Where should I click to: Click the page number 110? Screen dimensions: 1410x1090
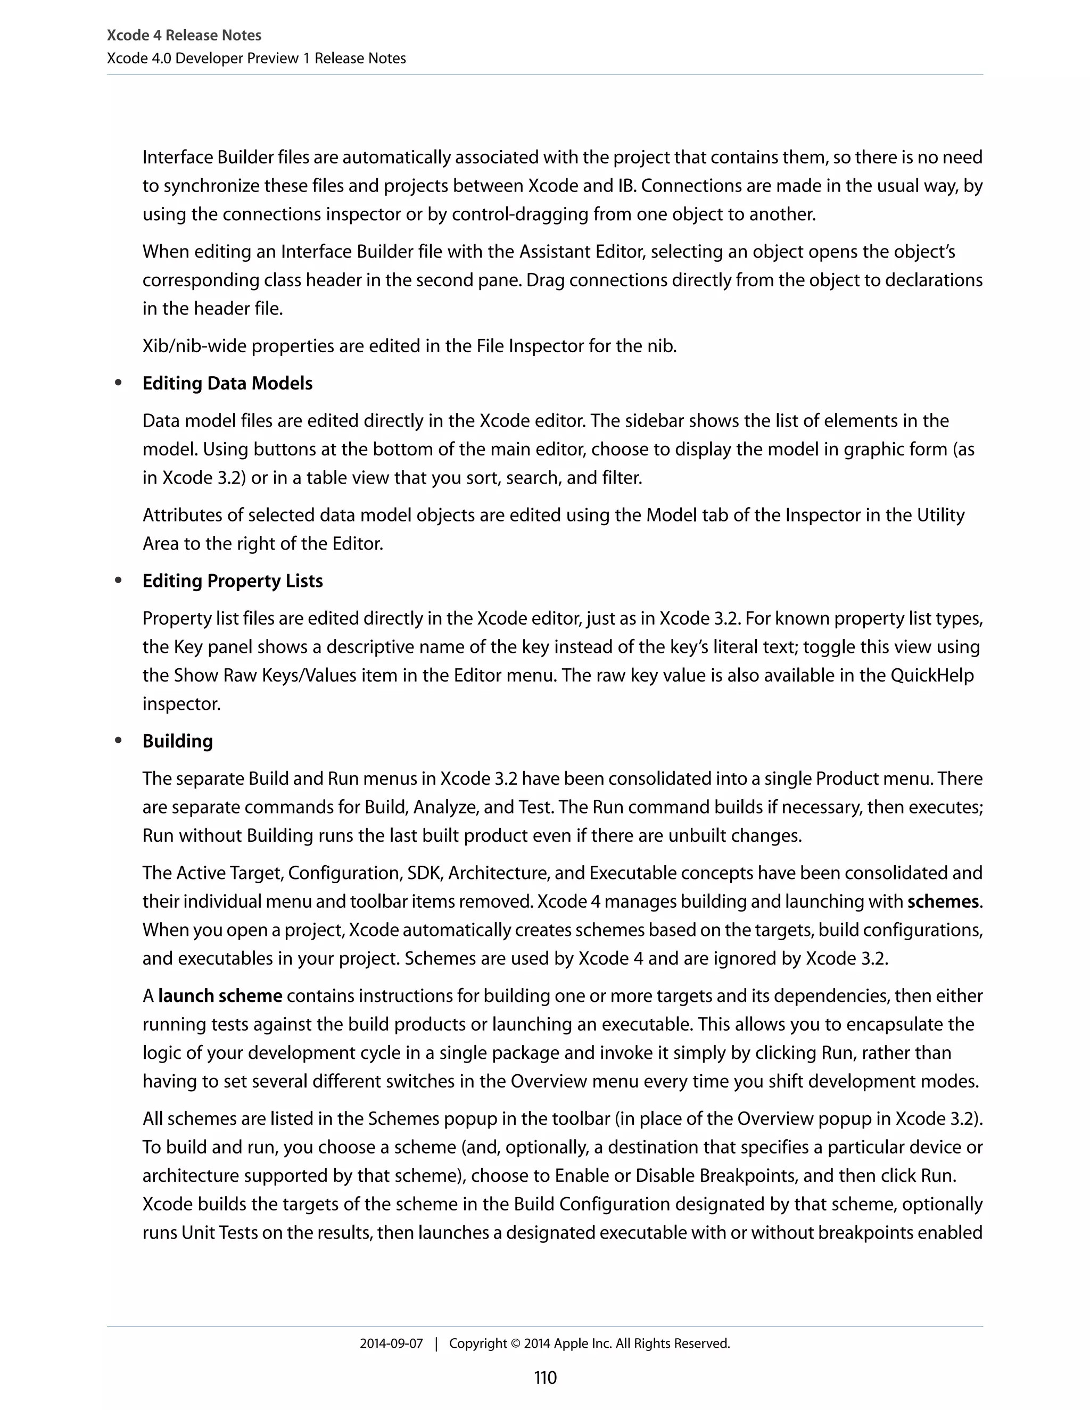coord(545,1378)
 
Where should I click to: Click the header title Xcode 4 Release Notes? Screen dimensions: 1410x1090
coord(184,36)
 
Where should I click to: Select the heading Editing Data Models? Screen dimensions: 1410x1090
coord(227,384)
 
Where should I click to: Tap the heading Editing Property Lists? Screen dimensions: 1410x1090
coord(233,581)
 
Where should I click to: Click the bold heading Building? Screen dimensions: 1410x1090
coord(178,741)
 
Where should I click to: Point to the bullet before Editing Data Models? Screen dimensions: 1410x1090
coord(118,383)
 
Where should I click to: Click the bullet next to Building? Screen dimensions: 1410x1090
coord(118,741)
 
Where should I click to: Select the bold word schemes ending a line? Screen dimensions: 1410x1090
coord(943,901)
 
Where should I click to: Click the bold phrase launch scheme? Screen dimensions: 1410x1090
coord(220,996)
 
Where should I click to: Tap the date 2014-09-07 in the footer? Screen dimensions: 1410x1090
coord(391,1343)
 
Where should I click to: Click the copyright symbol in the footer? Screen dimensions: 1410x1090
coord(515,1343)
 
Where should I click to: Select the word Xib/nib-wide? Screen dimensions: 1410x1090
coord(194,347)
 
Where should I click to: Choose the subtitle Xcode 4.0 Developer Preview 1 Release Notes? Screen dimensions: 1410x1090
coord(257,59)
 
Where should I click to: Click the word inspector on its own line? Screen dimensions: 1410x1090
coord(181,704)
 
